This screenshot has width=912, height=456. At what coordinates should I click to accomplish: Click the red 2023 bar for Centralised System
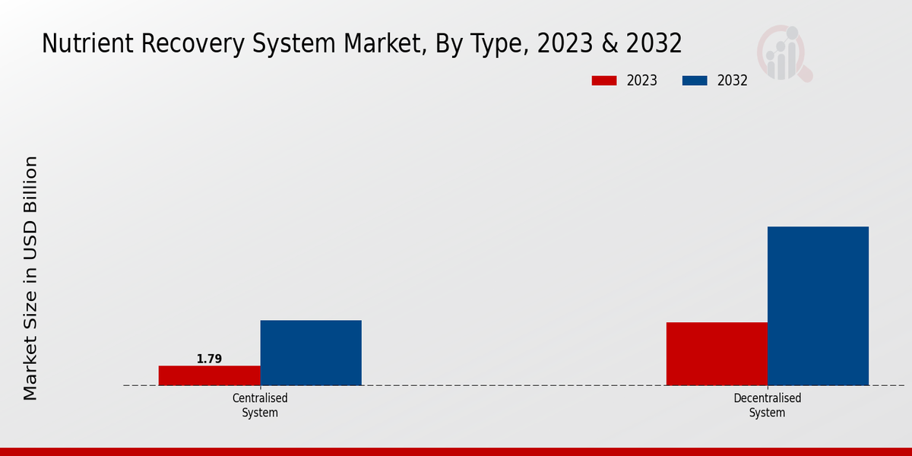209,375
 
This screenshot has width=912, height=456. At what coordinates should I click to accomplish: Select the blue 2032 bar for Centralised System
311,353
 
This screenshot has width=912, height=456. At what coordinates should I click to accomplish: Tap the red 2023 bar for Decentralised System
717,353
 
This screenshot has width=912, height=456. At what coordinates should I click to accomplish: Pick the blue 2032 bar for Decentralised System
818,306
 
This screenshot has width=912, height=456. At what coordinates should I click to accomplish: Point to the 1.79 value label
209,359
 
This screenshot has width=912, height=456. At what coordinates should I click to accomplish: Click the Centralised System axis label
260,405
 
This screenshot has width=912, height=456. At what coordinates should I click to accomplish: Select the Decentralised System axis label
767,405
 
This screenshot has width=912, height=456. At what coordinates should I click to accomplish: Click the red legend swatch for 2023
604,81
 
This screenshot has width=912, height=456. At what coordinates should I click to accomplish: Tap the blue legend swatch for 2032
695,81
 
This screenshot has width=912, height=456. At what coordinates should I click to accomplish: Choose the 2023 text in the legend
642,81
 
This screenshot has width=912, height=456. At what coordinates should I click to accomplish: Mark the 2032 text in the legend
733,81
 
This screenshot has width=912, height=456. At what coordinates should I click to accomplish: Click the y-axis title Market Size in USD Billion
30,277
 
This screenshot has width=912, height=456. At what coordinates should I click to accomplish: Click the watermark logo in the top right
784,53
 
